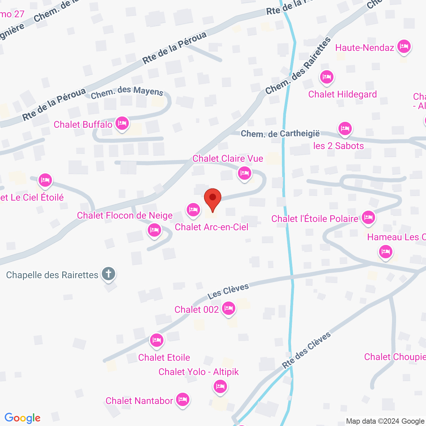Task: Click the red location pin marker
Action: (212, 198)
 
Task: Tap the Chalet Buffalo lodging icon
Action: (122, 123)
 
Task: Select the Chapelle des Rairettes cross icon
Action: (108, 274)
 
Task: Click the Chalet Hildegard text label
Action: (342, 94)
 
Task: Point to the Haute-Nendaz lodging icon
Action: (404, 46)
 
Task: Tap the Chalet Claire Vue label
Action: (228, 158)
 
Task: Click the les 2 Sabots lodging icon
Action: (345, 128)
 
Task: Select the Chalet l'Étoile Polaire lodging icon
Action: (368, 218)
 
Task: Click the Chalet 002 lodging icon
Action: (228, 309)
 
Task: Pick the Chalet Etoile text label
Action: (164, 357)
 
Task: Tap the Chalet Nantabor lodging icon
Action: (182, 399)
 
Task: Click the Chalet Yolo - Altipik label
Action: (199, 372)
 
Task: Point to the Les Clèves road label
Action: (228, 291)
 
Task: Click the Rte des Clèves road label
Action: (307, 350)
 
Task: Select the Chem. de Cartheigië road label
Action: (280, 134)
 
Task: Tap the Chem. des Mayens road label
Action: (127, 92)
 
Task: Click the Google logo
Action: (23, 418)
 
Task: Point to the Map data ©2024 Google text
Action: (385, 421)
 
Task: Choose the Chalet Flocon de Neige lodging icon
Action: (154, 230)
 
